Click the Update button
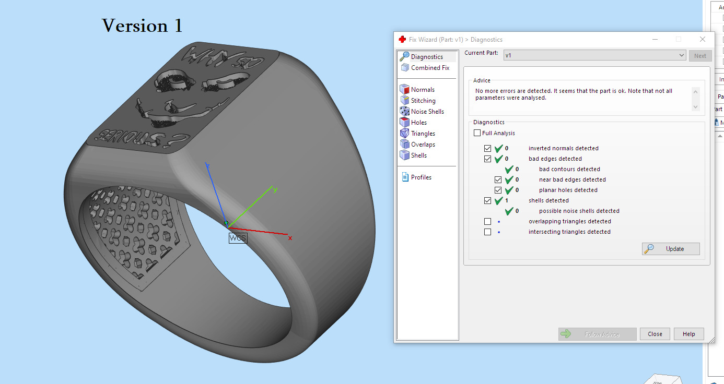point(671,249)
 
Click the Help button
point(688,334)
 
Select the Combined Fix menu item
point(429,68)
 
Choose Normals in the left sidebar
point(422,90)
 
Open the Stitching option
point(423,101)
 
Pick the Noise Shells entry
point(427,112)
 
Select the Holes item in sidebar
point(418,123)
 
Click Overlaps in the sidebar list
point(423,145)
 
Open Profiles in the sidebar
point(421,177)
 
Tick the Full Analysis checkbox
point(477,133)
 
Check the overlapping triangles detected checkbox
point(487,221)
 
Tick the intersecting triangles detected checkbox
point(487,232)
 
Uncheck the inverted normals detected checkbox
point(487,148)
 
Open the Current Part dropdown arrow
point(681,55)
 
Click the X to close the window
point(703,39)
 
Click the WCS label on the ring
point(238,238)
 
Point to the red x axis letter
point(290,238)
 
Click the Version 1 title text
point(142,26)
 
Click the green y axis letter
point(275,189)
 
